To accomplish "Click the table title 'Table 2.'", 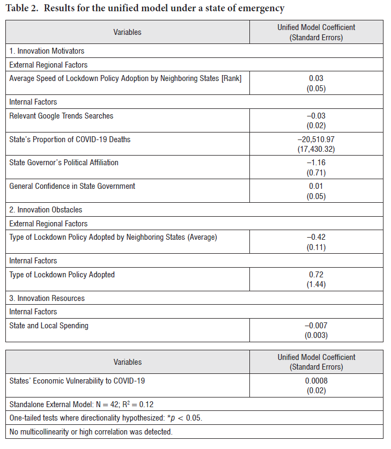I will coord(22,8).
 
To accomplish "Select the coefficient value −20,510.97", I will coord(316,139).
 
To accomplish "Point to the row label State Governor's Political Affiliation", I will coord(64,163).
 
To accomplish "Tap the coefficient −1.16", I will coord(316,163).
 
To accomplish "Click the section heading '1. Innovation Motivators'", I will coord(47,51).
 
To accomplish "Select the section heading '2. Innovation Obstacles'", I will coord(46,210).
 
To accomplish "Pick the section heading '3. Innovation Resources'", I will coord(47,298).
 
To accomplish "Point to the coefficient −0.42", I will coord(316,237).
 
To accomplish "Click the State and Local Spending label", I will coord(49,326).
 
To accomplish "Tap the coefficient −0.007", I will coord(316,326).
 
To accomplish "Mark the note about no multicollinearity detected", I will coord(91,431).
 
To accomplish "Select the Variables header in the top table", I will coord(127,32).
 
